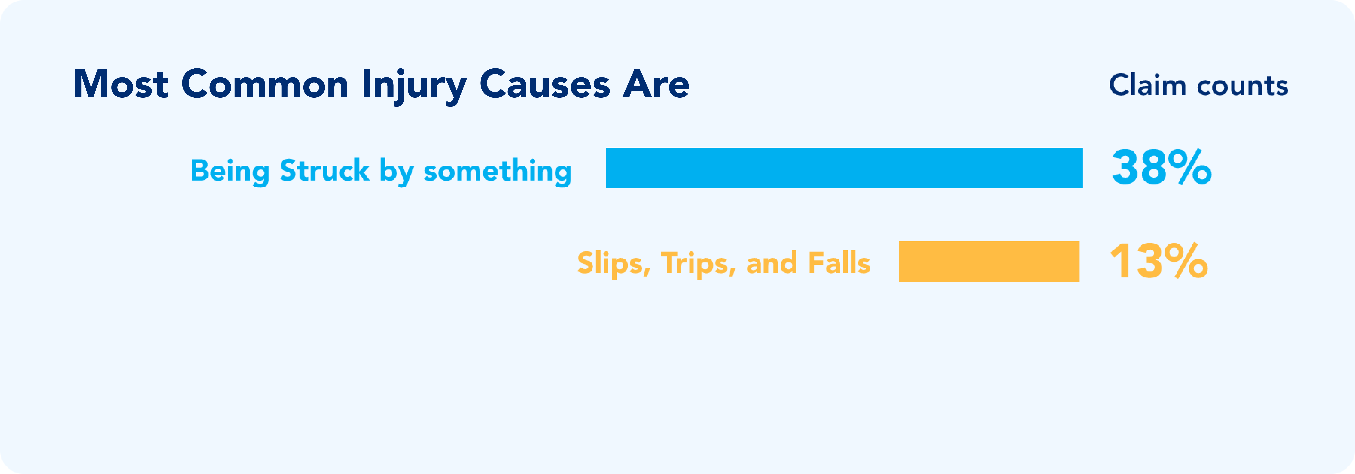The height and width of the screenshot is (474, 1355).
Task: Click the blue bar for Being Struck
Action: coord(844,168)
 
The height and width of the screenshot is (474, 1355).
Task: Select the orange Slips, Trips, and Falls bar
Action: coord(989,261)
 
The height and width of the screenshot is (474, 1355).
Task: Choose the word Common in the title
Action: coord(264,84)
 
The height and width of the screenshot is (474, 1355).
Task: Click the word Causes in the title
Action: coord(545,84)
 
